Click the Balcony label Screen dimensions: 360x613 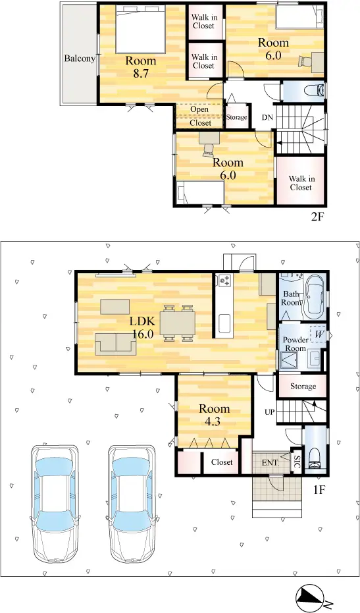[x=80, y=59]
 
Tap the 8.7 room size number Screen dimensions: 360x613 [x=141, y=74]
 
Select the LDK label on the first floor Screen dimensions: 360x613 [x=143, y=322]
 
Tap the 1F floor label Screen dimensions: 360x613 [x=319, y=489]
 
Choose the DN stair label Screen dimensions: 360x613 [x=267, y=117]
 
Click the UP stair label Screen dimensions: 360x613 [x=269, y=412]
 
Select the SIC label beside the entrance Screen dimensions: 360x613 [x=297, y=460]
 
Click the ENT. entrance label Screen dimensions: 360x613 [x=270, y=463]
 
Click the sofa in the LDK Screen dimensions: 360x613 [x=116, y=344]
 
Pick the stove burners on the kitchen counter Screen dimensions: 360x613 [x=225, y=280]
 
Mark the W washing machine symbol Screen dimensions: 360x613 [x=319, y=334]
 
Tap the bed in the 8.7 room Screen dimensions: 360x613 [x=141, y=30]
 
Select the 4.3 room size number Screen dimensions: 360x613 [x=213, y=422]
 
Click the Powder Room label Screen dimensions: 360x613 [x=296, y=344]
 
